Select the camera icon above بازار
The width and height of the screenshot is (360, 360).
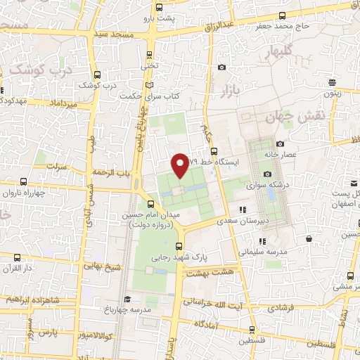coord(222,67)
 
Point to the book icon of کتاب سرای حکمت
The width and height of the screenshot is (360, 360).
coord(148,86)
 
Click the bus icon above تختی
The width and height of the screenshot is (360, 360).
coord(148,54)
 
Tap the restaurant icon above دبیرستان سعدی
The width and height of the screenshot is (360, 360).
coord(243,210)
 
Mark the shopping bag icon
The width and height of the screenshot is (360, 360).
coord(309,240)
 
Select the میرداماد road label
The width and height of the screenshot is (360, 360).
coord(60,103)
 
